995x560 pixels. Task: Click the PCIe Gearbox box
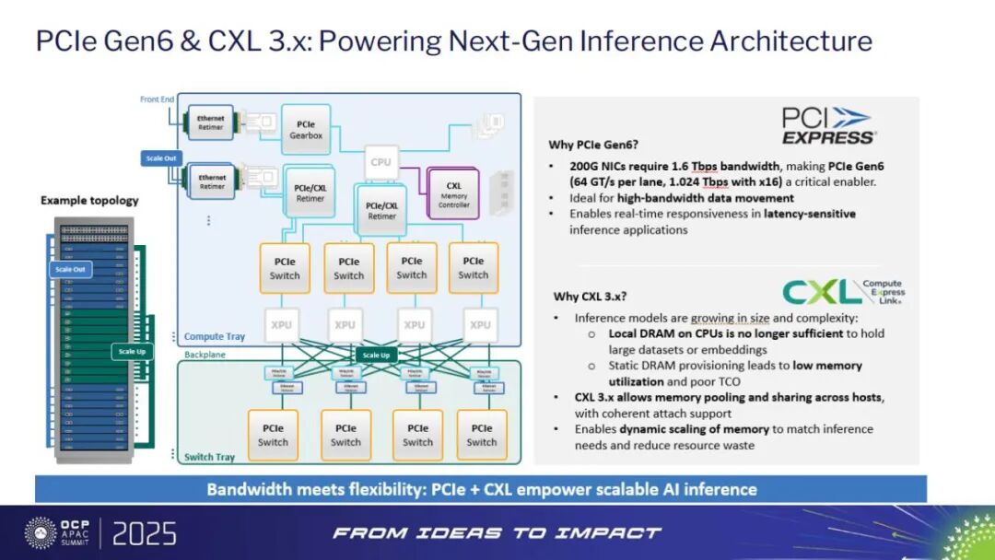(305, 129)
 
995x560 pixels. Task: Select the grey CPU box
(380, 162)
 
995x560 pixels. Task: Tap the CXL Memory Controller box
(453, 193)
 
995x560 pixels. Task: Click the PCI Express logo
(828, 125)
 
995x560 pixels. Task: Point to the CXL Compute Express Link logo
(842, 292)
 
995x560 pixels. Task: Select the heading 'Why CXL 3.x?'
(591, 296)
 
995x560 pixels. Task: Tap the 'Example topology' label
(89, 200)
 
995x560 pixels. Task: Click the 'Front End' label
(157, 99)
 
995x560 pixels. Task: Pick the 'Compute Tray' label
(216, 336)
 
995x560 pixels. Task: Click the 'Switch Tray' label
(209, 457)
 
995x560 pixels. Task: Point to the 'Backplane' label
(204, 354)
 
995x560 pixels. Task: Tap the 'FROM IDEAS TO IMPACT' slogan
(497, 532)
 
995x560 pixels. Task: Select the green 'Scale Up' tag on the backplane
(375, 356)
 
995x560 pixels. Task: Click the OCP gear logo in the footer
(41, 532)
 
